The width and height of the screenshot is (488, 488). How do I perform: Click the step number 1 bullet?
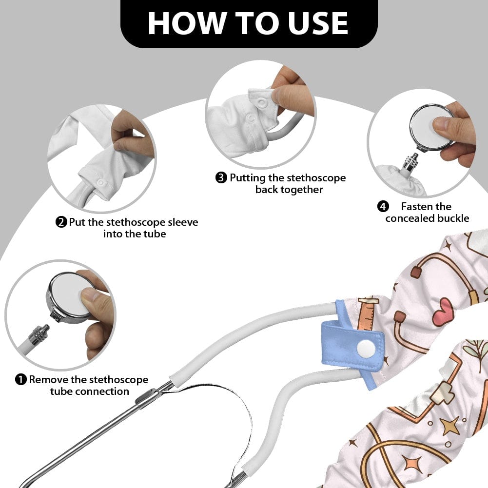(20, 380)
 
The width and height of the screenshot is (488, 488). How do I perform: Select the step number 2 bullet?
(61, 222)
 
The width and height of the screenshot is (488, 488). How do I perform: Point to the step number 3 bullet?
(221, 178)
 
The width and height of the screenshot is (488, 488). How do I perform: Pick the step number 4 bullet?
(383, 206)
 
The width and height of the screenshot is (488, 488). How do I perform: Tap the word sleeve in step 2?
(183, 222)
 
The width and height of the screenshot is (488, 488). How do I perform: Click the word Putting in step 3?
(248, 178)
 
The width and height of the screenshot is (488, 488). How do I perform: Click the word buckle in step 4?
(453, 218)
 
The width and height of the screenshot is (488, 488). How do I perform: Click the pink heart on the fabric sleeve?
(443, 312)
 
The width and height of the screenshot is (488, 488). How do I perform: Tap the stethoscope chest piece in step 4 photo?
(431, 127)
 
